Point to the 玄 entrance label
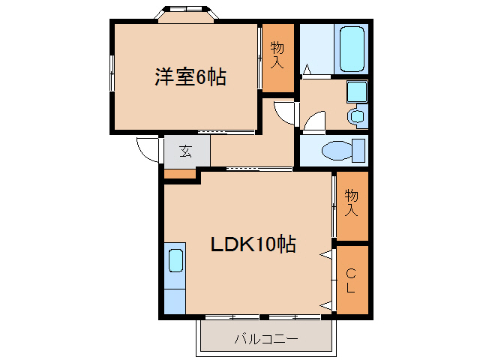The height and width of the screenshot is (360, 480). (185, 151)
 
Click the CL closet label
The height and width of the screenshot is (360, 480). (351, 279)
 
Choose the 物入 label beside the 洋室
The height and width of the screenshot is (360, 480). (277, 54)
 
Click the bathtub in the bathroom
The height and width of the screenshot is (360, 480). (351, 48)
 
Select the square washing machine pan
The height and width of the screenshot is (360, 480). (357, 92)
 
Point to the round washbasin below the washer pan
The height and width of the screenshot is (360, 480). (357, 116)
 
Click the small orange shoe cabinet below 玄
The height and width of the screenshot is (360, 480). (179, 175)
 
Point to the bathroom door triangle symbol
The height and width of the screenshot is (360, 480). (307, 70)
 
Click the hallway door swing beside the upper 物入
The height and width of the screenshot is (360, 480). (286, 113)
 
